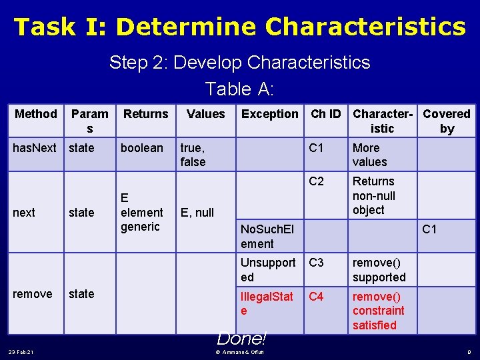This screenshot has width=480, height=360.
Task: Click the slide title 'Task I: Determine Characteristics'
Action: [x=239, y=27]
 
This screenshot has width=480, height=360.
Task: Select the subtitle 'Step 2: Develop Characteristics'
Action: [x=239, y=63]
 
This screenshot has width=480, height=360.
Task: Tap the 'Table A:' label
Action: [x=239, y=89]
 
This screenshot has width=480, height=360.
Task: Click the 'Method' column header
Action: [x=36, y=114]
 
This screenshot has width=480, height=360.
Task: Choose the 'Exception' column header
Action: [x=270, y=114]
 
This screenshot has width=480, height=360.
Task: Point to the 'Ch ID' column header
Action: [x=327, y=114]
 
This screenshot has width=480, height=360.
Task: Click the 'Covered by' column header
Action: [x=447, y=121]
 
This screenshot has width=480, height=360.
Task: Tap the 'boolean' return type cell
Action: [x=141, y=148]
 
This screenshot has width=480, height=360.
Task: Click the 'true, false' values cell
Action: [x=193, y=155]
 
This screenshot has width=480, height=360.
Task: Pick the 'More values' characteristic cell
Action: [x=369, y=155]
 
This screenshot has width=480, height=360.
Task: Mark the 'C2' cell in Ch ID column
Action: [x=317, y=181]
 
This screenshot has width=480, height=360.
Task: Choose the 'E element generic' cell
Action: [x=141, y=212]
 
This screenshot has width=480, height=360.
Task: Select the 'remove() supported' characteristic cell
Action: [x=379, y=269]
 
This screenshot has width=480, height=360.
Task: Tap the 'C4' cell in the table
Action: [x=316, y=296]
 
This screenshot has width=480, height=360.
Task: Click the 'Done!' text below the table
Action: [x=241, y=339]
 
